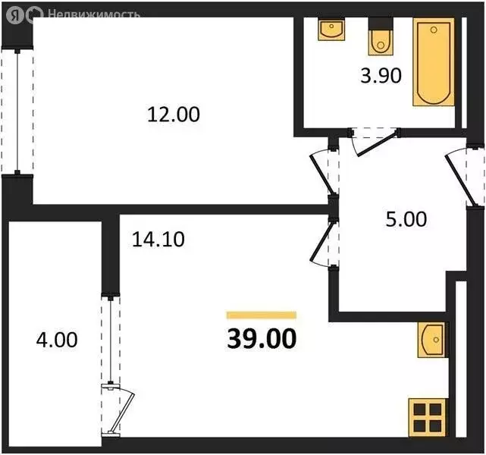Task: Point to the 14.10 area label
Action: click(x=158, y=240)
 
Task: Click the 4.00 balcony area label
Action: click(x=56, y=338)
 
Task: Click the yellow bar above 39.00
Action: click(x=262, y=315)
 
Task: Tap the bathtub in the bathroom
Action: click(x=432, y=64)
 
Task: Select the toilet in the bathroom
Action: click(x=379, y=41)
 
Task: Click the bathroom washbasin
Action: click(x=331, y=32)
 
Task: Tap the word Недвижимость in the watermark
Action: click(x=93, y=14)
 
